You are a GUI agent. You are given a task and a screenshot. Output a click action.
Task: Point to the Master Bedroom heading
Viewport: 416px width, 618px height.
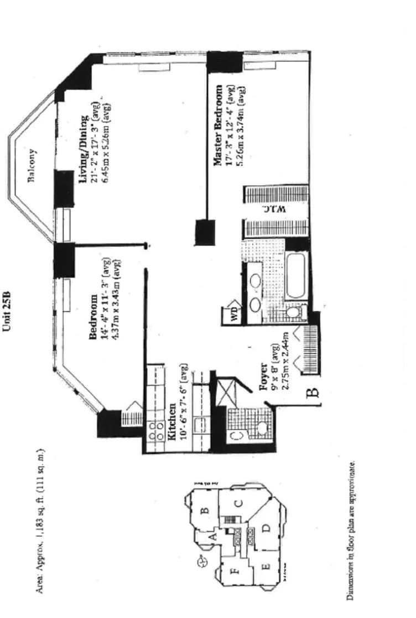pos(218,124)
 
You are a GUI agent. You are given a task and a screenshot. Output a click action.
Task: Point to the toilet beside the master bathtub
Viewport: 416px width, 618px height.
pos(293,313)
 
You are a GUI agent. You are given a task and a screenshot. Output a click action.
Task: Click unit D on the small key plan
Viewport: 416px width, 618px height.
pos(265,530)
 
